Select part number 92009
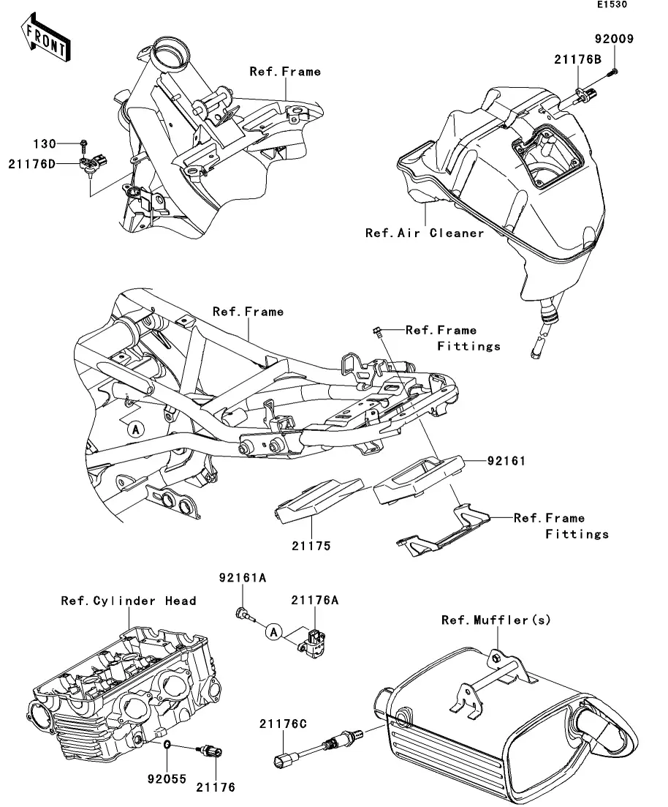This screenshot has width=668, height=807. pos(614,39)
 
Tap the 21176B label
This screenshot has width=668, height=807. pos(577,59)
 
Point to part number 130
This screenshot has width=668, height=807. pos(45,143)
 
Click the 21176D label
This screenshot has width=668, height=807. pos(32,164)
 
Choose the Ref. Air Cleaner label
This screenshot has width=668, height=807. pos(424,233)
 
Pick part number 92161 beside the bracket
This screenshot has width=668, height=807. pos(506,461)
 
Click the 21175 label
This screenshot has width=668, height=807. pos(311,546)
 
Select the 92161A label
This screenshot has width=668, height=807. pos(243,578)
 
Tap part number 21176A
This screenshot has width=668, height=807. pos(315,600)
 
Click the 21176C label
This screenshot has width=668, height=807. pos(283,724)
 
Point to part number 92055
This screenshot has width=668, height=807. pos(167,779)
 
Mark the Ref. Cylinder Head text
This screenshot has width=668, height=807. pos(129,601)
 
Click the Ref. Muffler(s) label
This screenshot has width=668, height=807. pos(496,620)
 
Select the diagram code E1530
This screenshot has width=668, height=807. pos(612,4)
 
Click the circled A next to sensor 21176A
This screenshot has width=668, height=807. pos(274,631)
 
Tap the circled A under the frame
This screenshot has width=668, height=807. pos(136,429)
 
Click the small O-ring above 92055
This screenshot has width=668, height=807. pos(167,744)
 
